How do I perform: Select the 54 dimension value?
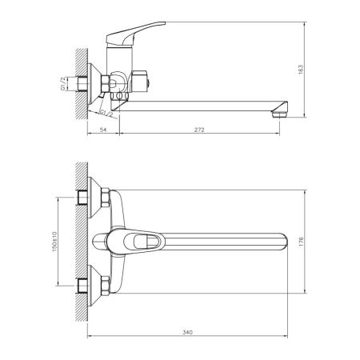point(102,129)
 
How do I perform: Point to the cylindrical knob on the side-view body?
point(145,79)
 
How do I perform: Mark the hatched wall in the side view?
point(78,79)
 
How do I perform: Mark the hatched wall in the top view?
point(78,240)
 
